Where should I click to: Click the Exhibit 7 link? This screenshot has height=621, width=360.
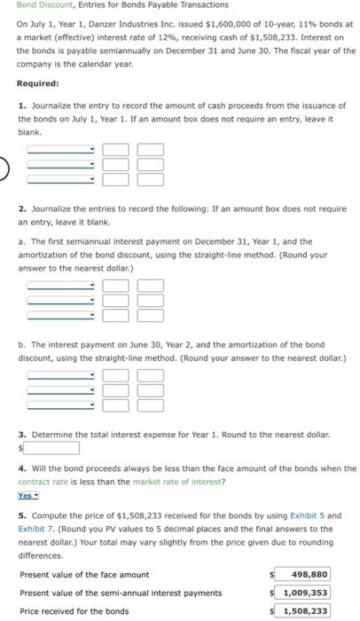(x=35, y=529)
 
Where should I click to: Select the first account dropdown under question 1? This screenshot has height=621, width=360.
(x=60, y=150)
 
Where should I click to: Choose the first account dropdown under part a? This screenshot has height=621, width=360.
(x=60, y=285)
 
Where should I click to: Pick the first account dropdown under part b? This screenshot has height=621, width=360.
(x=60, y=376)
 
